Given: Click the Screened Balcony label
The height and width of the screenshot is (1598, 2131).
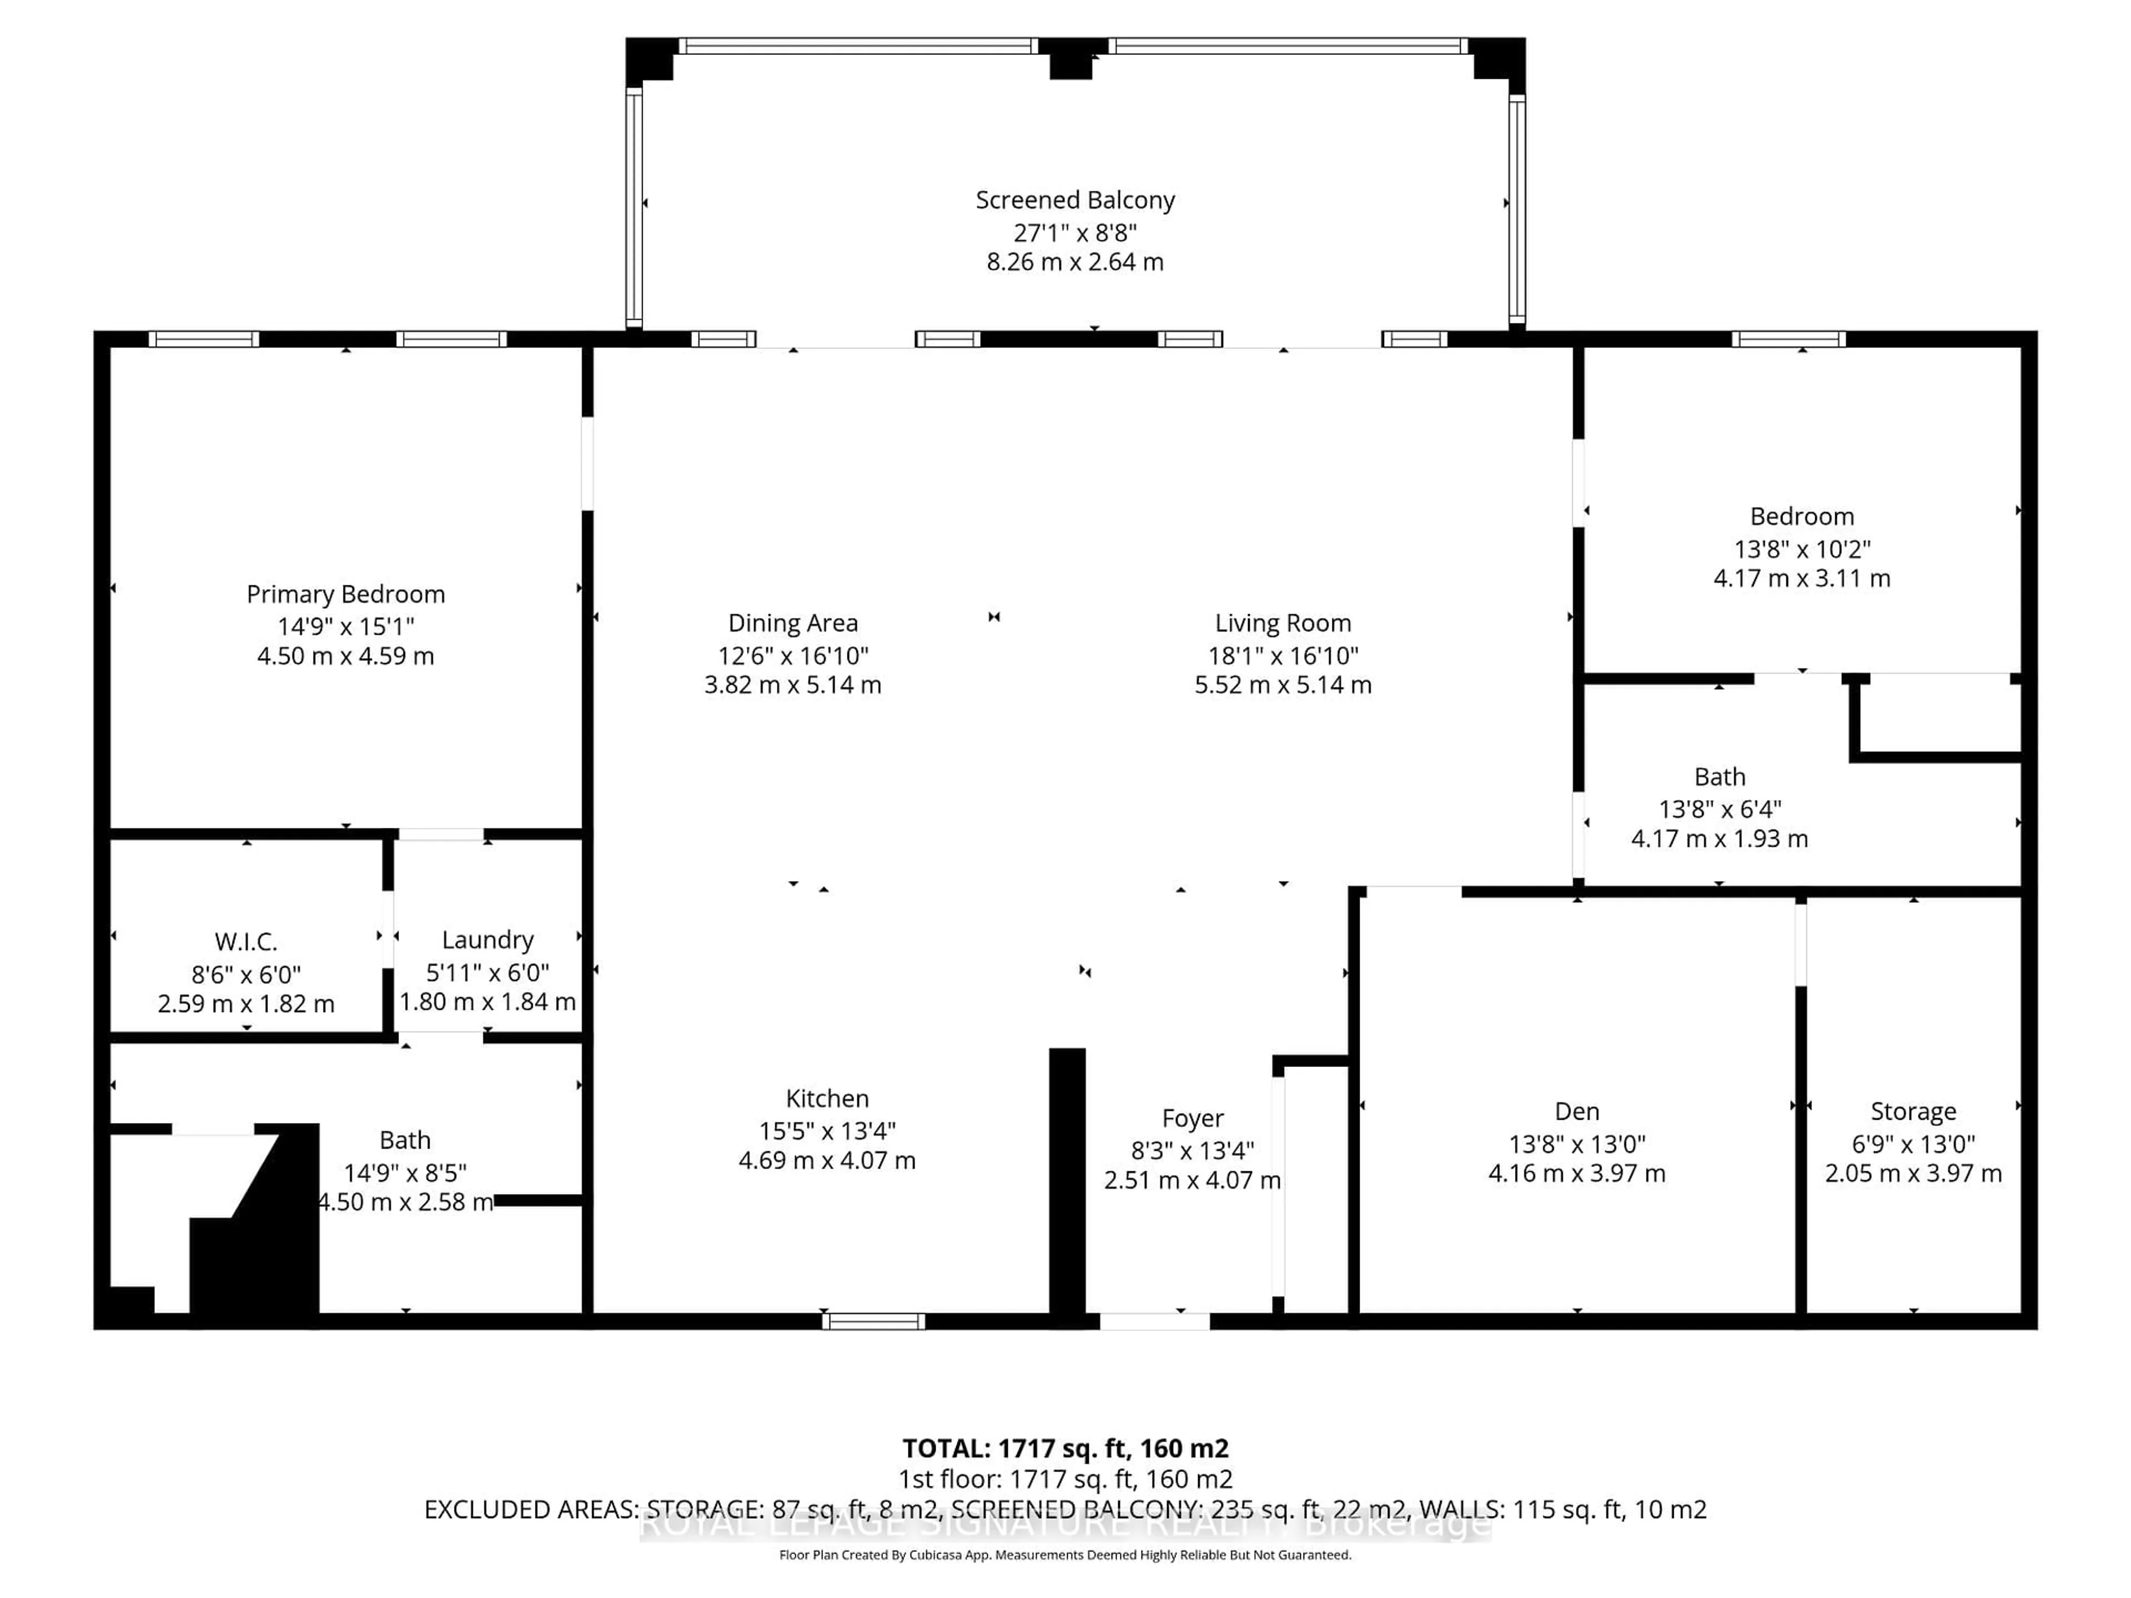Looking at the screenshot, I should tap(1075, 200).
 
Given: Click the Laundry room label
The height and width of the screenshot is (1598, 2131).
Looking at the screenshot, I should tap(487, 939).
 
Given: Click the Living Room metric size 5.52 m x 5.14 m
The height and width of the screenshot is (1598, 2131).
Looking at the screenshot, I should tap(1282, 685).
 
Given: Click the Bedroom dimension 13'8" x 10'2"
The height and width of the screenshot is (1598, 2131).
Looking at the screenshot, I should tap(1801, 549).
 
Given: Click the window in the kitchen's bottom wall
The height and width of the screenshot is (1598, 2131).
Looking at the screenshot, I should tap(873, 1322).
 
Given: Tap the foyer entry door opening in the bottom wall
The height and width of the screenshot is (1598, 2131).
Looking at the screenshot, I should tap(1154, 1322).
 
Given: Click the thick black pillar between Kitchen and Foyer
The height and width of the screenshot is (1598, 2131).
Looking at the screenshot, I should tap(1067, 1185).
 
